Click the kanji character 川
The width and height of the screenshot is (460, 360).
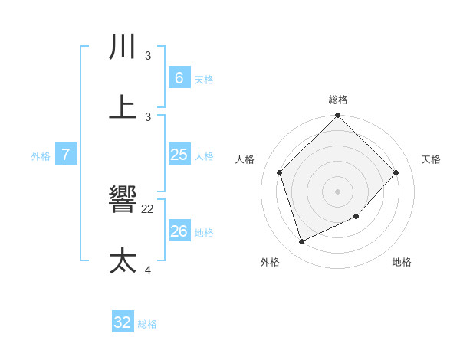[123, 47]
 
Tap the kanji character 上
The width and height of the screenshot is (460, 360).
[123, 106]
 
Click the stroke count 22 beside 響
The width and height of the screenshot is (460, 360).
[148, 208]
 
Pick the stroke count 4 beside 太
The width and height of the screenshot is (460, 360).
[148, 270]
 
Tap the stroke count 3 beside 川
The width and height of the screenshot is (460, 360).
[148, 56]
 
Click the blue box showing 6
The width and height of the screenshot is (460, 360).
[179, 78]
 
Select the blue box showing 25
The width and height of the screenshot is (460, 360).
[179, 155]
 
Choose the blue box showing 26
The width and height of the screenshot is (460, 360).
[179, 231]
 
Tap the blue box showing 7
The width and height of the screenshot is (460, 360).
[66, 155]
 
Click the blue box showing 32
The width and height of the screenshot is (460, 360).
[123, 322]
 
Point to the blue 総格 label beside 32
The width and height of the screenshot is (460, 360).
[147, 324]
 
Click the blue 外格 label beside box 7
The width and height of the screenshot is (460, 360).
[41, 156]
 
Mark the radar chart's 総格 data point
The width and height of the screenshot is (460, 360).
[338, 116]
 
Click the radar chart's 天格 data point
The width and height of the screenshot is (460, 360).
[396, 172]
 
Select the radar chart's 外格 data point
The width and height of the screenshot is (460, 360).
[301, 242]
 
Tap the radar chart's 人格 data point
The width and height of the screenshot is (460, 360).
[280, 172]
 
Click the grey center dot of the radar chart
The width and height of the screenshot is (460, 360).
[338, 191]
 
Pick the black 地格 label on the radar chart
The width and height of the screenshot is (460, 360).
[402, 262]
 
